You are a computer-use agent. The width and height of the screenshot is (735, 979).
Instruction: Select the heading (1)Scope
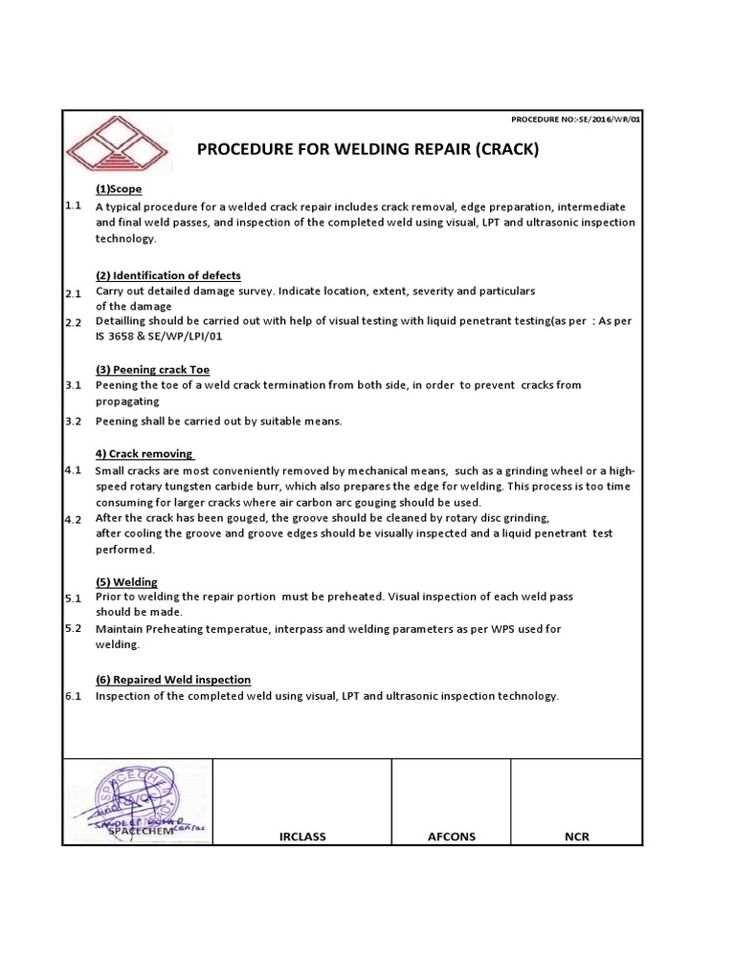119,189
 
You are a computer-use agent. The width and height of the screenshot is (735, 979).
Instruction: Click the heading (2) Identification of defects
167,275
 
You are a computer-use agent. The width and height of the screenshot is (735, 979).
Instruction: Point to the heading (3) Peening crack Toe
152,369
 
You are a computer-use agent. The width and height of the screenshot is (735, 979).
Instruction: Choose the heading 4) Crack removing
145,453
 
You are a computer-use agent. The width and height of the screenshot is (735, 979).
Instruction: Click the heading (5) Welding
126,581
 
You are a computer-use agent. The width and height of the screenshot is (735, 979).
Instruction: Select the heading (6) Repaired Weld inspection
172,680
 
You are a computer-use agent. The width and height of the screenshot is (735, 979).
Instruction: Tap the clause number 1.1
73,206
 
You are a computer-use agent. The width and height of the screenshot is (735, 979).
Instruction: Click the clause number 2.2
73,323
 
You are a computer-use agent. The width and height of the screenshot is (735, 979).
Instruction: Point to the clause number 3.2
73,421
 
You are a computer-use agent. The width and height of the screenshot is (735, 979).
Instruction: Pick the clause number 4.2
73,519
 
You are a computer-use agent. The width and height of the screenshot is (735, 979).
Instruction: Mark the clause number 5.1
73,598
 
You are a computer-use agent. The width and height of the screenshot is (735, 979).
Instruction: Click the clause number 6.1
73,696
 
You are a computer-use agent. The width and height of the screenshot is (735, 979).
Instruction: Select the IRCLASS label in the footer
301,837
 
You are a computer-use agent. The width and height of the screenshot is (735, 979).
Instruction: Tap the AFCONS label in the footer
451,837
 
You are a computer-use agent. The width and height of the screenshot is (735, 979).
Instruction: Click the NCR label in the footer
576,837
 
